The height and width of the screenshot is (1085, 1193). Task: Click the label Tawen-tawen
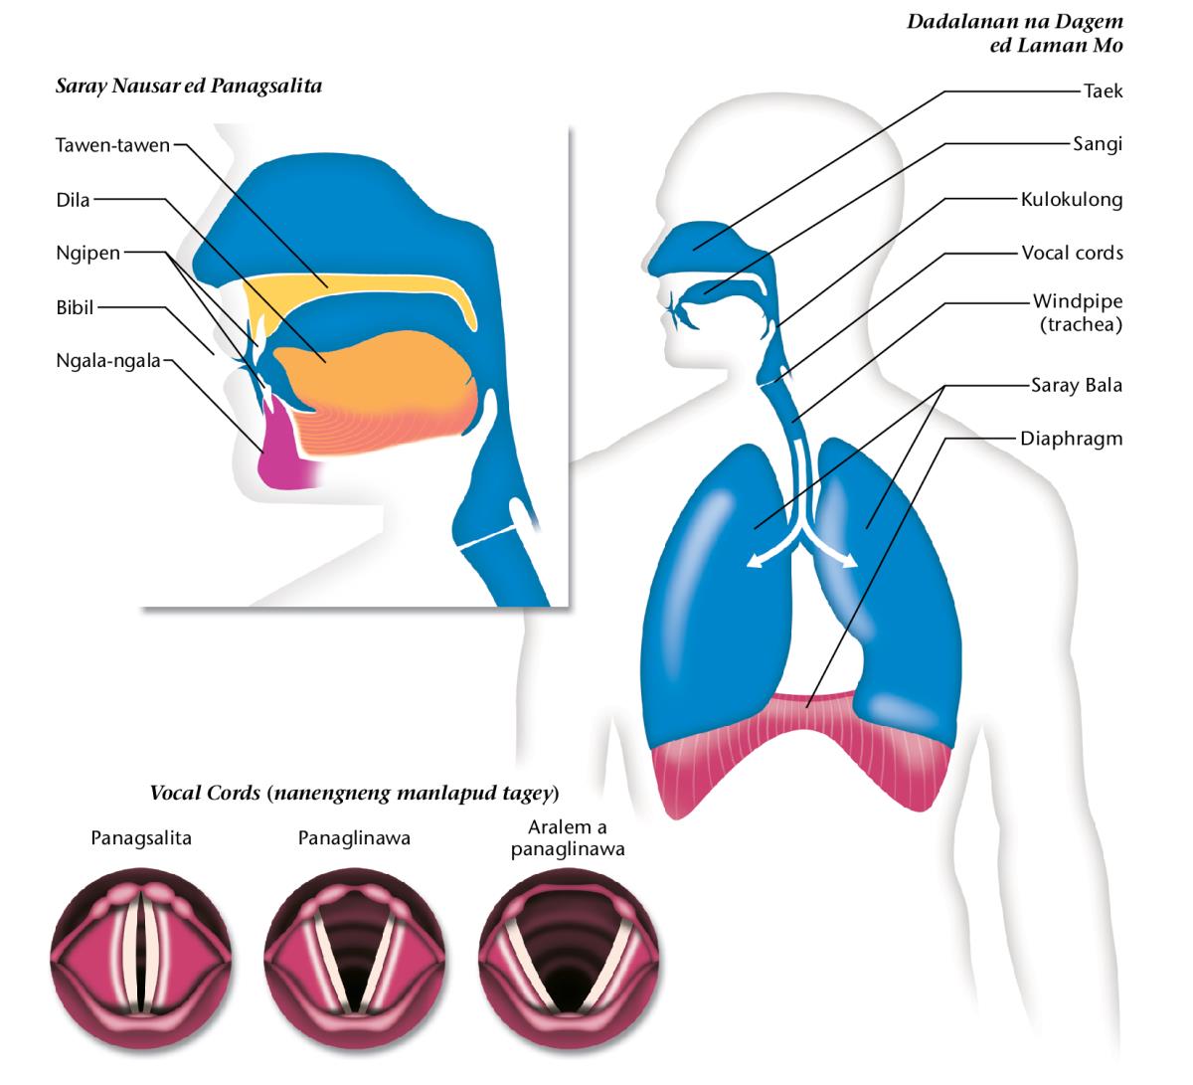[x=112, y=145]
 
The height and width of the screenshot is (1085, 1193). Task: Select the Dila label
[x=73, y=200]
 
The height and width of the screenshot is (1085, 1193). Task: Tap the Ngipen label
[x=87, y=253]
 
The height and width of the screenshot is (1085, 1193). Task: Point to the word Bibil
[x=75, y=307]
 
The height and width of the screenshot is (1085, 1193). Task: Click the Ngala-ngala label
[x=107, y=361]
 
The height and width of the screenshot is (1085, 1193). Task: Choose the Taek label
[x=1103, y=91]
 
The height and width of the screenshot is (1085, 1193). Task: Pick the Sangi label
[x=1098, y=145]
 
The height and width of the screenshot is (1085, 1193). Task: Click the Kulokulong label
[x=1072, y=200]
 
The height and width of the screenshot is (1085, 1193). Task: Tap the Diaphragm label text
[x=1071, y=439]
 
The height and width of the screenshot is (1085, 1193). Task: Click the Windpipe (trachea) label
[x=1078, y=312]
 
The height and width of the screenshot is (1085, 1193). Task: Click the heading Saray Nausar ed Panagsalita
[x=189, y=87]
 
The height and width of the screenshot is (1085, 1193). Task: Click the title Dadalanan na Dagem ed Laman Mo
[x=1014, y=33]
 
